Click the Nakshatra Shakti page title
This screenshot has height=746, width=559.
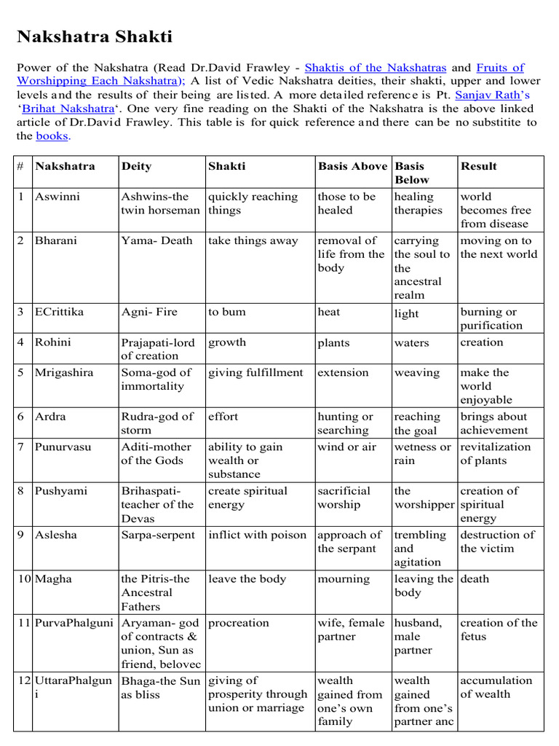94,37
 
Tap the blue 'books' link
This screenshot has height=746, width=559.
52,136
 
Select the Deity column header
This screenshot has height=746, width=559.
135,166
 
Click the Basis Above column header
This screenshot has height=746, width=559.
352,166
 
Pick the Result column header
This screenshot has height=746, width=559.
479,166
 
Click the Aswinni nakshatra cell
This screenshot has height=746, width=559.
58,197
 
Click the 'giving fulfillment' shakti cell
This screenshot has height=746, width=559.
255,373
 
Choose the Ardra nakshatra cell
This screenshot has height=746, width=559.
50,417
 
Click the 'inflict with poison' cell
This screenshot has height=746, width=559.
258,535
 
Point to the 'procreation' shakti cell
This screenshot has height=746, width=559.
239,624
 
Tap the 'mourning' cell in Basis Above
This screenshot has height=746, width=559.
344,579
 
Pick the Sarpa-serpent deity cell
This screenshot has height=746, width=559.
158,535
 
